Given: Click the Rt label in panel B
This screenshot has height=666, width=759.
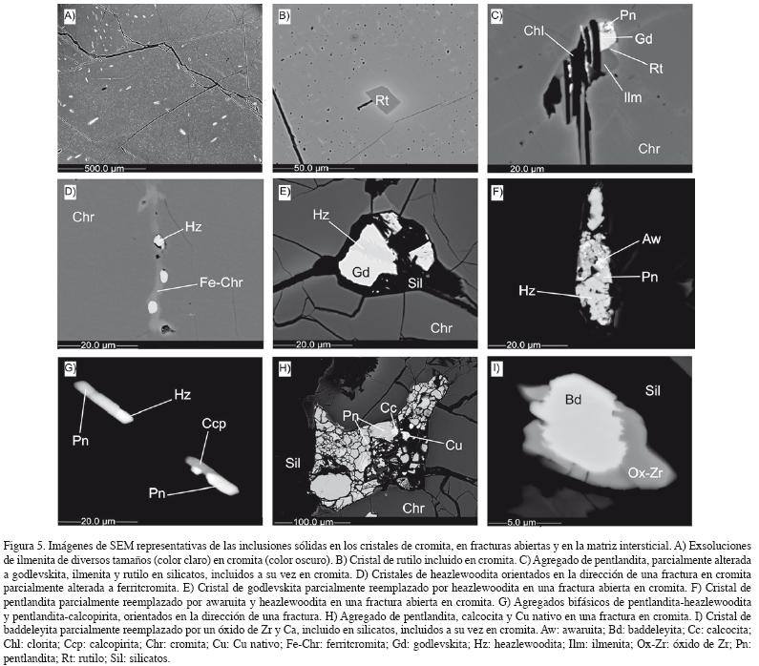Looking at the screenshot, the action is tap(382, 100).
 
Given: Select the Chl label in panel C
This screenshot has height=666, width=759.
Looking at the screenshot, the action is tap(534, 31).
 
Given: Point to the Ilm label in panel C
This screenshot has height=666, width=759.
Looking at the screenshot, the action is tap(632, 97).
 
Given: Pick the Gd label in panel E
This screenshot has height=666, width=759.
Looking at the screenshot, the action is tap(361, 272).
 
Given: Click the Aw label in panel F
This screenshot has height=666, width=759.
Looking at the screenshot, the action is tap(651, 239).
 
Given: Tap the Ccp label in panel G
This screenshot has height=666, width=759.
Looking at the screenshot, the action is tap(214, 424).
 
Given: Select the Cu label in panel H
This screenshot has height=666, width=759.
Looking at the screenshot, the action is tap(453, 445).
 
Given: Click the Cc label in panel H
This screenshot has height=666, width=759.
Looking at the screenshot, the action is tap(389, 407).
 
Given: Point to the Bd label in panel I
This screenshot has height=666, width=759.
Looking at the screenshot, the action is tap(573, 400).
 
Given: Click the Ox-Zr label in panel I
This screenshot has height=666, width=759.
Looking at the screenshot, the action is tap(644, 472).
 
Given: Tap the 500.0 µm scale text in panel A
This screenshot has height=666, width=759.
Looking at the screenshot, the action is tap(104, 168).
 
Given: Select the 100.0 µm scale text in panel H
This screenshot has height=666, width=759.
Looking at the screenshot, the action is tap(313, 522).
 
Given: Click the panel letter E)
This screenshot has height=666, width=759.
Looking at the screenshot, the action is tap(285, 192).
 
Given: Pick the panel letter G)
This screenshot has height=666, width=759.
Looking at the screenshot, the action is tap(71, 369).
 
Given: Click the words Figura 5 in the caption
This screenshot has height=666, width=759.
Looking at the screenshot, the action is tap(24, 546).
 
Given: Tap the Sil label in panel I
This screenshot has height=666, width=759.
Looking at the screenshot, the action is tap(652, 390).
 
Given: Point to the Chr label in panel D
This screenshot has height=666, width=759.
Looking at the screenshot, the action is tap(83, 217).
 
